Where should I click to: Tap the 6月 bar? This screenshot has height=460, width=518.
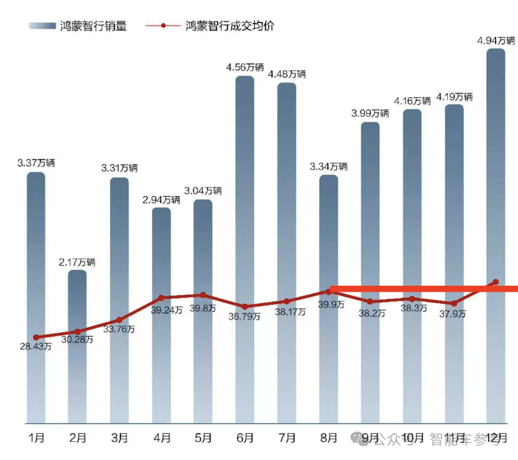click(x=244, y=248)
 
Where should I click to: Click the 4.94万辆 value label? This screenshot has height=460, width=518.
click(x=496, y=41)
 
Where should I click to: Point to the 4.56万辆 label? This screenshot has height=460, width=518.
click(x=245, y=67)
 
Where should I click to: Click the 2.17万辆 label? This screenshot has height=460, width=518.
click(x=77, y=262)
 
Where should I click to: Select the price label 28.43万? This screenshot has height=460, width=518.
click(x=36, y=347)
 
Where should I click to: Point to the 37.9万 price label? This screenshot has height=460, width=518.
click(x=453, y=314)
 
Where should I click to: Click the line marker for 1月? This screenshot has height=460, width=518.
click(x=36, y=337)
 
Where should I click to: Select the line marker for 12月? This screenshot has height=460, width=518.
click(x=496, y=282)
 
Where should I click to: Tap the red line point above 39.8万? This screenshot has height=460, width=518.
click(x=203, y=295)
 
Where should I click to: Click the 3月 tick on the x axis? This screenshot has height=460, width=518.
click(x=120, y=438)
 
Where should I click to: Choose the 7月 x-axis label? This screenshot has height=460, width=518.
click(x=287, y=438)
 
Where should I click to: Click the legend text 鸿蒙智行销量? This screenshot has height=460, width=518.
click(x=93, y=26)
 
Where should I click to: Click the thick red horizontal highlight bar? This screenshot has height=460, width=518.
click(x=424, y=289)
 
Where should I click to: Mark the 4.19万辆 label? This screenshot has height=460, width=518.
click(x=454, y=97)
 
